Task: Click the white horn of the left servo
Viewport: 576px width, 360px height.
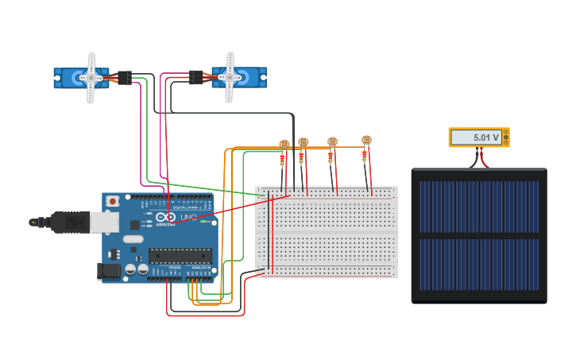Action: click(x=91, y=78)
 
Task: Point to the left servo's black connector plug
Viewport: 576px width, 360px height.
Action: click(x=125, y=78)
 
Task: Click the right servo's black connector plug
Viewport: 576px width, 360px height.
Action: click(x=195, y=77)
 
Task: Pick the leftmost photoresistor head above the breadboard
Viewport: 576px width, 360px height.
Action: click(x=284, y=144)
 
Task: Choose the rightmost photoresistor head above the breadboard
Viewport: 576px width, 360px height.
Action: click(x=366, y=140)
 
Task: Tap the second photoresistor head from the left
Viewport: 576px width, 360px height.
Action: click(x=303, y=142)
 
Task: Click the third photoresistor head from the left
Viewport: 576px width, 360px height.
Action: click(x=332, y=141)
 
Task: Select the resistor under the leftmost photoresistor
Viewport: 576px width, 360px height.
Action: click(x=282, y=161)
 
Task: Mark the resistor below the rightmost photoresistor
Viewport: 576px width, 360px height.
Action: click(x=365, y=155)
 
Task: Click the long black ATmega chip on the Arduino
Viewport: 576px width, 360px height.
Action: click(x=180, y=256)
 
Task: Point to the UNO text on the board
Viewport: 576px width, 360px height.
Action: click(x=189, y=218)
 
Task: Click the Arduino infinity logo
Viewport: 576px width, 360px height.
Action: click(x=165, y=218)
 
